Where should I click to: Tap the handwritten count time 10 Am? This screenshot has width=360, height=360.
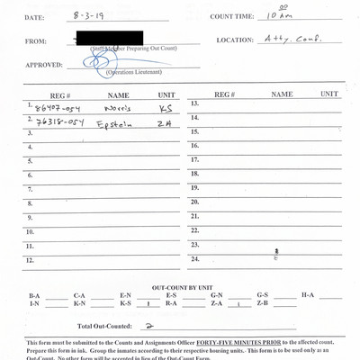click(272, 15)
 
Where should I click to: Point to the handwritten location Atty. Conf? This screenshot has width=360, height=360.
click(285, 40)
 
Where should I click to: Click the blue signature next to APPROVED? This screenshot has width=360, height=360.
click(97, 62)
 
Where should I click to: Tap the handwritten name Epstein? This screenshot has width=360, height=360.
click(115, 124)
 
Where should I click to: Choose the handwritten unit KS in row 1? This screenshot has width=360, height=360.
click(164, 109)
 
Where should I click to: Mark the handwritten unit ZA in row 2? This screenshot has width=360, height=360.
click(163, 124)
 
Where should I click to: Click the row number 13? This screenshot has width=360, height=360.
click(194, 104)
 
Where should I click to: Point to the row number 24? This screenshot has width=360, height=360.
click(194, 259)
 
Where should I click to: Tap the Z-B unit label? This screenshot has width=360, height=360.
click(262, 304)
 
